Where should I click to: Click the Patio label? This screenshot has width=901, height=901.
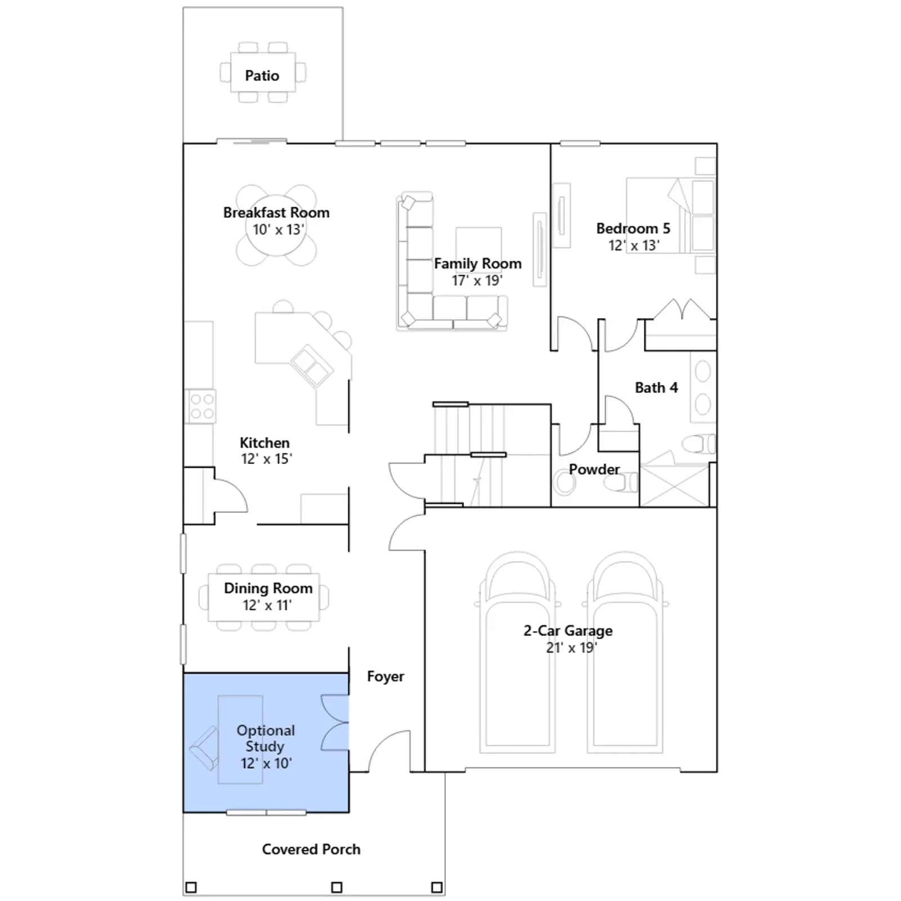[x=262, y=75]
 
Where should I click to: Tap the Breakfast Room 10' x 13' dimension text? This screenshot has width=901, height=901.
[x=278, y=230]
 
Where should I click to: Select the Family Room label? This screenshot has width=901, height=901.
[x=478, y=264]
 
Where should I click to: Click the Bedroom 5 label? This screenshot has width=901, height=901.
[x=633, y=228]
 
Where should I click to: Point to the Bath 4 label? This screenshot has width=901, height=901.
[x=656, y=387]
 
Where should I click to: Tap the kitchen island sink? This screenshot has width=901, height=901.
[x=311, y=365]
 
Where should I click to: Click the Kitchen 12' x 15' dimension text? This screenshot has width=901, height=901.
[x=266, y=459]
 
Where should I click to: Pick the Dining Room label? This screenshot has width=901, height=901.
[x=268, y=588]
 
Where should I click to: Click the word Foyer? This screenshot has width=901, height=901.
[x=385, y=676]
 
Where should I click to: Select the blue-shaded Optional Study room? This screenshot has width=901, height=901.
[x=266, y=742]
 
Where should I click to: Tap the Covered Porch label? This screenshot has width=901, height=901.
[x=311, y=849]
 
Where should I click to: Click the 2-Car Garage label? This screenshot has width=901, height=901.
[x=568, y=631]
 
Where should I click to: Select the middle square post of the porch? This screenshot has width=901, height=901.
[x=337, y=887]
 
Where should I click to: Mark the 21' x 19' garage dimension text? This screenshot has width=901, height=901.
[x=571, y=648]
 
